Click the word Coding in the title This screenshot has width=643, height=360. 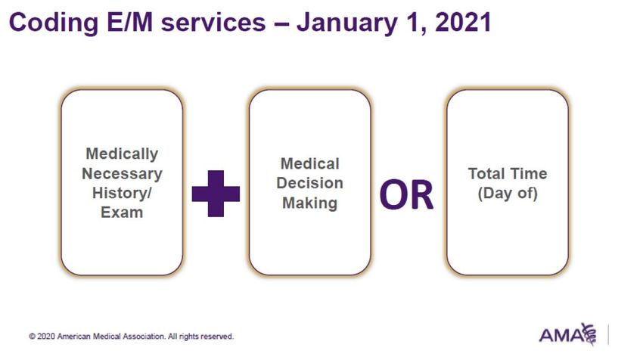tap(53, 23)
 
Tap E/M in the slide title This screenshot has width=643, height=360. tap(129, 22)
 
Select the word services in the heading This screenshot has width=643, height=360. tap(213, 23)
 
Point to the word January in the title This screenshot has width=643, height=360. tap(346, 23)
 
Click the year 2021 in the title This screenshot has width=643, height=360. tap(463, 23)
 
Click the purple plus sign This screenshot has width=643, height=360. tap(216, 194)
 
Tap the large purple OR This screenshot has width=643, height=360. tap(406, 195)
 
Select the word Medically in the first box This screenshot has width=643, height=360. tap(122, 154)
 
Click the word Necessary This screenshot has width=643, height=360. tap(123, 174)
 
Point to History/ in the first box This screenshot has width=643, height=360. tap(122, 193)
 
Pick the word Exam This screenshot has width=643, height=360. tap(122, 213)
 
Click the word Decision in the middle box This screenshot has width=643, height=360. tap(309, 183)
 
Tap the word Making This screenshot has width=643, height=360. tap(309, 203)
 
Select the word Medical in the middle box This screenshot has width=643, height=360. tap(309, 163)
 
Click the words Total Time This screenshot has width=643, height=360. tap(508, 173)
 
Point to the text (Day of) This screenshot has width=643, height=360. tap(508, 193)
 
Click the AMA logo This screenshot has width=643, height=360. tap(568, 334)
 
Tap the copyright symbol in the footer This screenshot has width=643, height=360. tap(32, 337)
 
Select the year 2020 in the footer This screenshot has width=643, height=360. tap(46, 337)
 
